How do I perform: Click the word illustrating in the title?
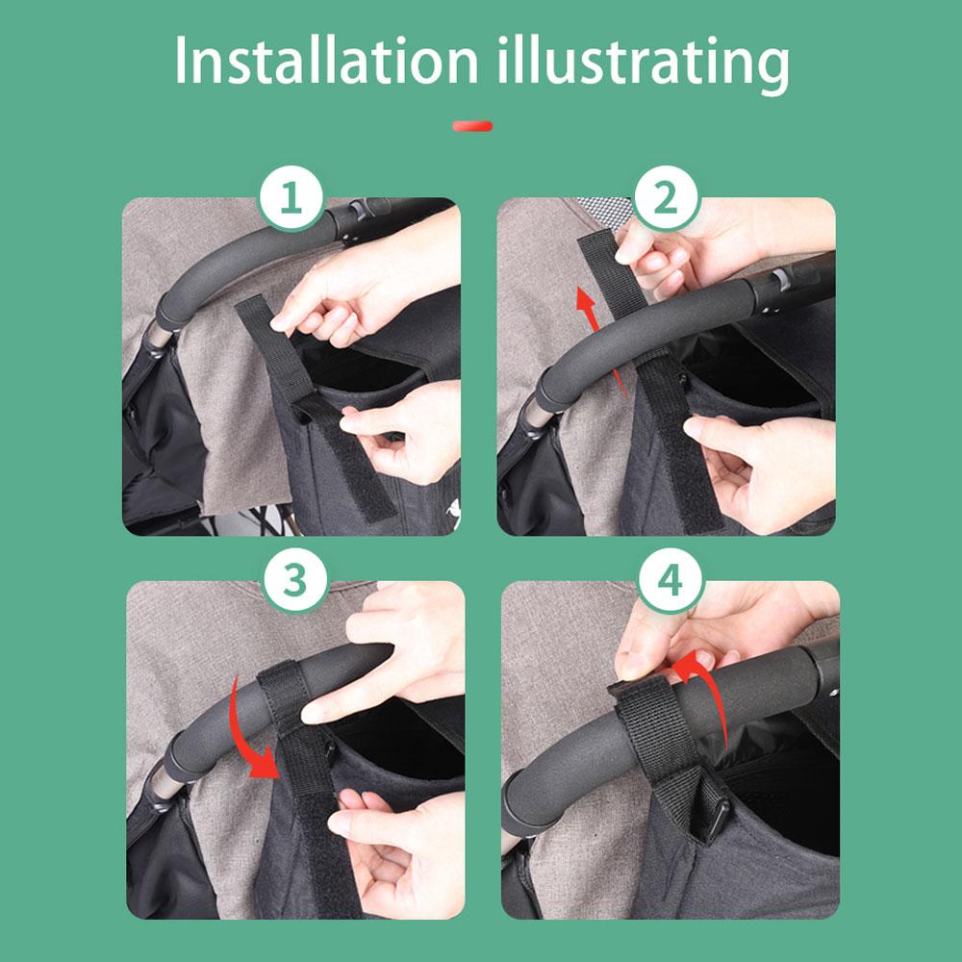tap(643, 63)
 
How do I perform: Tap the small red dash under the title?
tap(471, 126)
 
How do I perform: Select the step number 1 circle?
tap(291, 197)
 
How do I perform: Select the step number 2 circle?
tap(666, 197)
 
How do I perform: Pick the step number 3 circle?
tap(295, 580)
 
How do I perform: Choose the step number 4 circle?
tap(670, 580)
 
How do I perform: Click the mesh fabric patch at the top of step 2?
tap(604, 212)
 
